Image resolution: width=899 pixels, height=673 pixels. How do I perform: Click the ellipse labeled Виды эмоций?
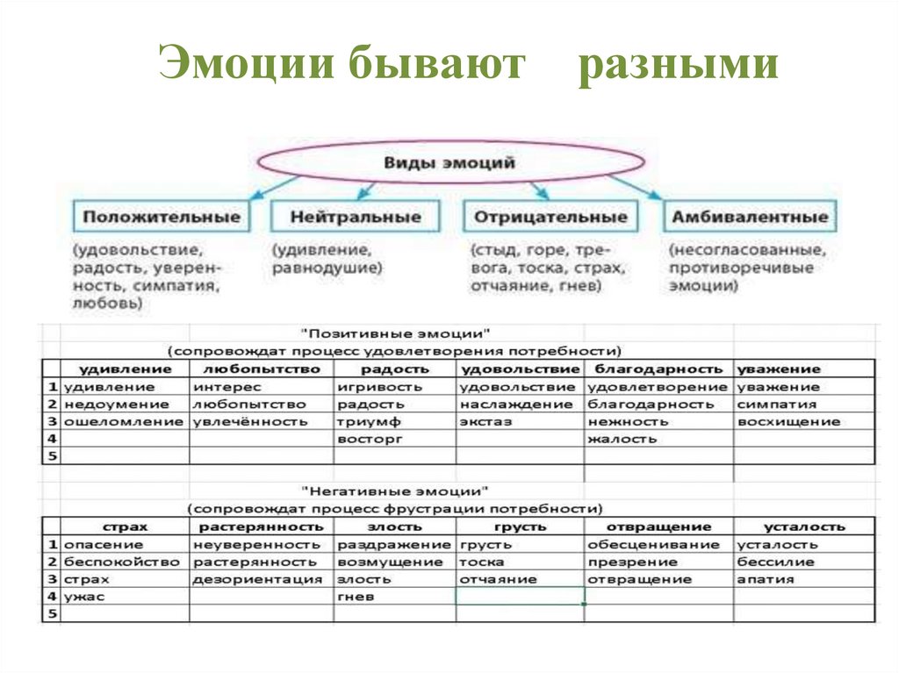coord(449,163)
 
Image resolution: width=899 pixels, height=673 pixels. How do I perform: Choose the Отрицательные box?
coord(550,217)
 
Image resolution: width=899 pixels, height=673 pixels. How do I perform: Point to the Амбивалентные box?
coord(749,217)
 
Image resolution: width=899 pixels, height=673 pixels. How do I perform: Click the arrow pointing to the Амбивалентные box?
coord(636,185)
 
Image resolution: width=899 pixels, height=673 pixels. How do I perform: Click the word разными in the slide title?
coord(678,68)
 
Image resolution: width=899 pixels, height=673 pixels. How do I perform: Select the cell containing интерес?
coord(228,387)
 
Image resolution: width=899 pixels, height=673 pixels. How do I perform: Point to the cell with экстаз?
coord(485,422)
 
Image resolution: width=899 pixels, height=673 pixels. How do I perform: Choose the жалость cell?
coord(622,440)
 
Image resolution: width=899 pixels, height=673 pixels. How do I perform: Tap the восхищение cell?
coord(788,422)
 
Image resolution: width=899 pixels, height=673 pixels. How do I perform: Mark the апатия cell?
coord(766,579)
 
